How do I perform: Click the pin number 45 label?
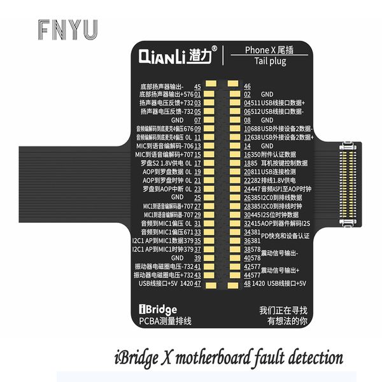197,86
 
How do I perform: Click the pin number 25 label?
197,197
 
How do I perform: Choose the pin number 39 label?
197,257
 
